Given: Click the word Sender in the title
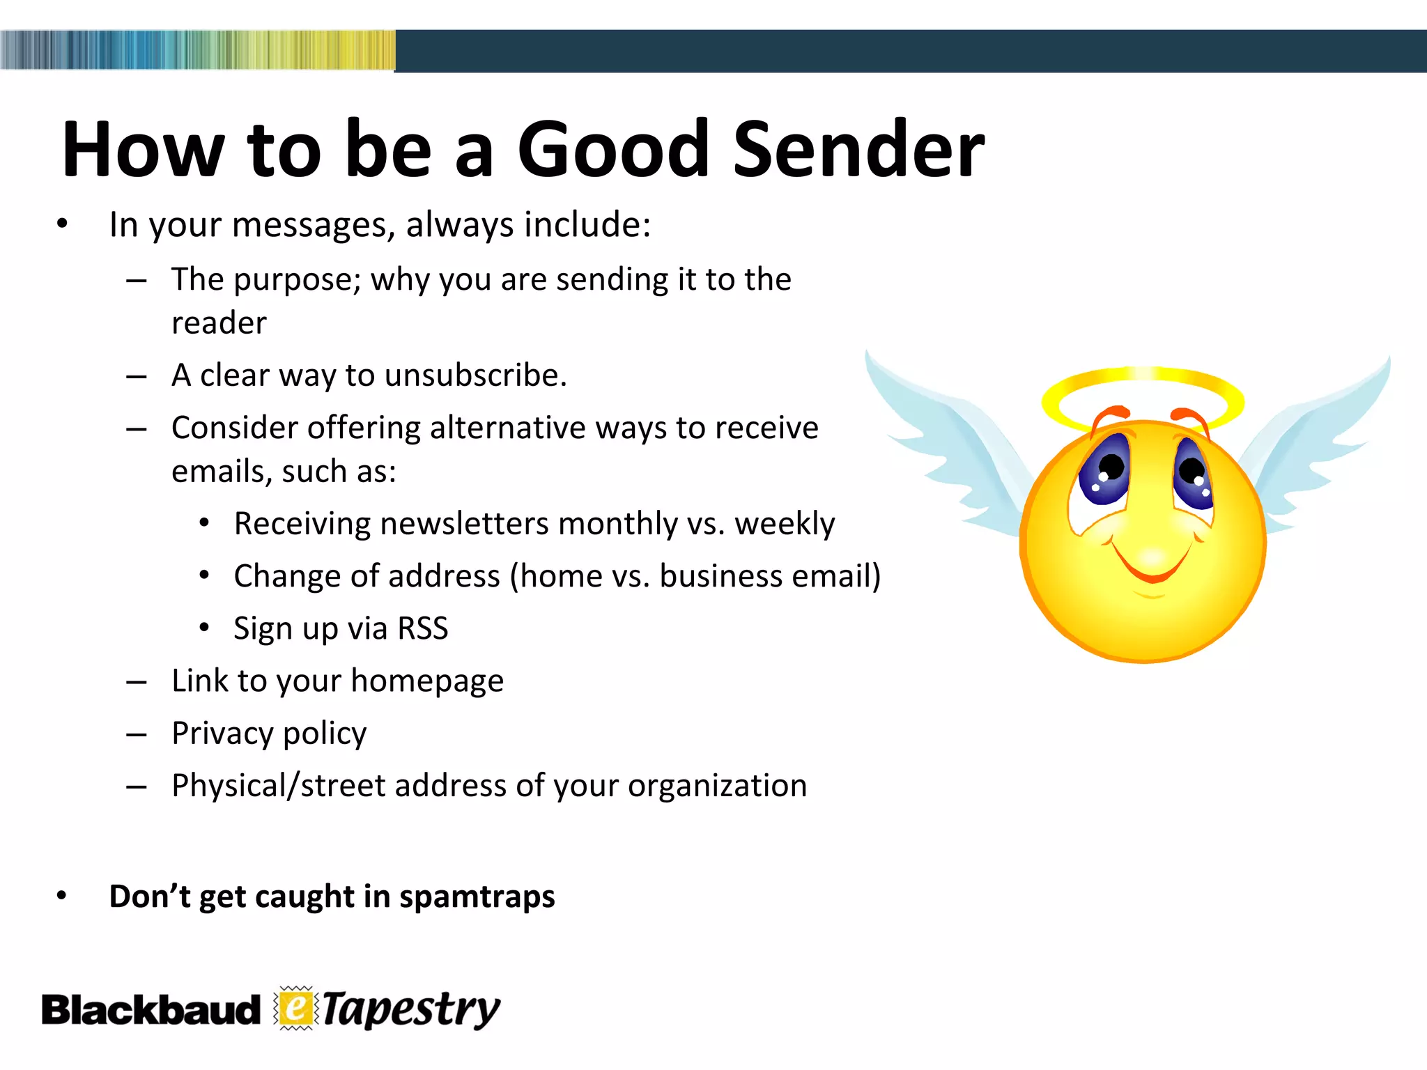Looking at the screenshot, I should point(858,150).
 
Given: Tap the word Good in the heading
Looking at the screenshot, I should point(612,150).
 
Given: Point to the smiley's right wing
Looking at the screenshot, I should point(1317,439).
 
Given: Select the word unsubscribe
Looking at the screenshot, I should point(475,375).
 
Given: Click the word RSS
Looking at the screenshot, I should point(422,628).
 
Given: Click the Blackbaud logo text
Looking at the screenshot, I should point(151,1011).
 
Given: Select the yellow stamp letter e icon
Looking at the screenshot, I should point(296,1008).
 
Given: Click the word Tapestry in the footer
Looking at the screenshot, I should point(411,1010).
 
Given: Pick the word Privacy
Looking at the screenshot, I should point(223,734).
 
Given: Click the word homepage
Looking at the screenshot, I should point(426,681).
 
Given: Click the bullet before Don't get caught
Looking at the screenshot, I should point(62,897).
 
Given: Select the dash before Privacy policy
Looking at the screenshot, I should point(137,734).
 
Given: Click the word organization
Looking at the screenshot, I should point(717,786).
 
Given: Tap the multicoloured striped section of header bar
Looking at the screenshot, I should point(198,50).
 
